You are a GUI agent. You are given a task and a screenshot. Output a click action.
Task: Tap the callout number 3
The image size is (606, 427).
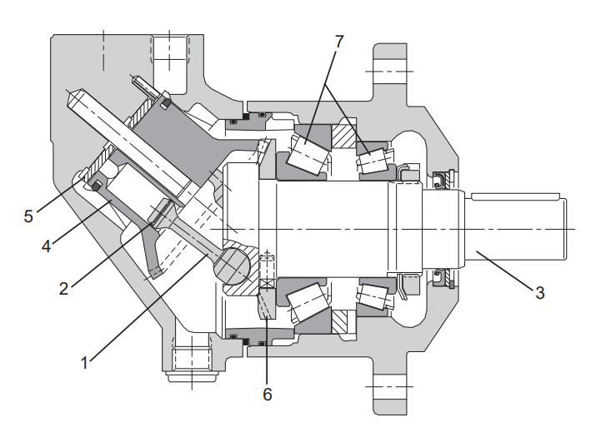click(539, 292)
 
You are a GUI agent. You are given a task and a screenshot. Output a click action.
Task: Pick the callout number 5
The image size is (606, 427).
click(28, 216)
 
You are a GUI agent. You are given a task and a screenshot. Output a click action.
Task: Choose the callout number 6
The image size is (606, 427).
click(268, 393)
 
